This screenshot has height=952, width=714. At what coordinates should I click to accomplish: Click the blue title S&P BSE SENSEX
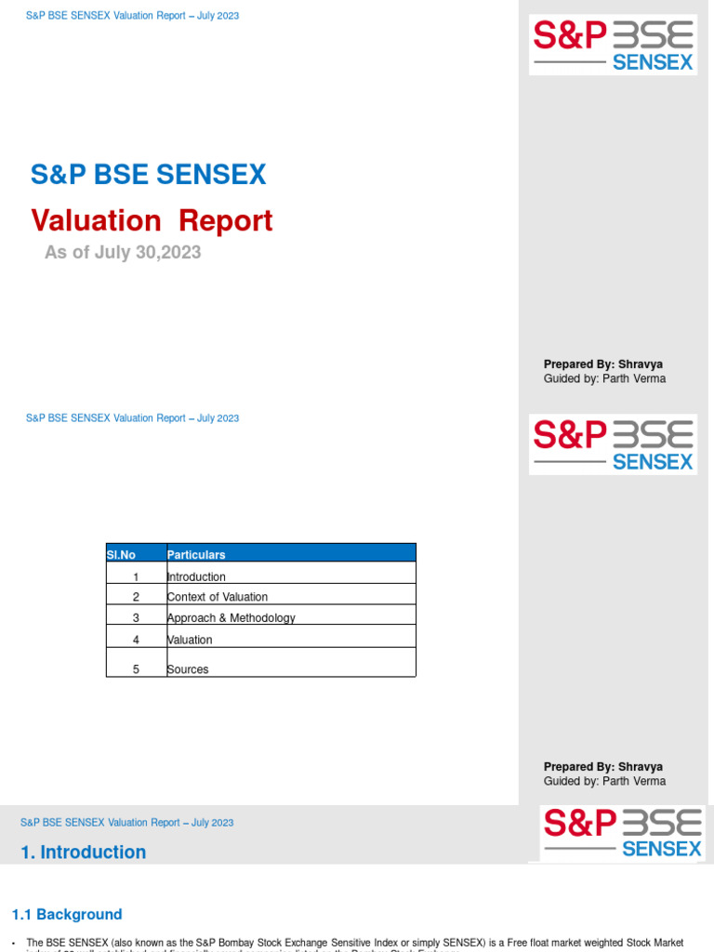(149, 175)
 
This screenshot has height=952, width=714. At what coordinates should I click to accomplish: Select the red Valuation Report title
(152, 221)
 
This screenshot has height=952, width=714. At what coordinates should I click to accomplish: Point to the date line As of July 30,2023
(123, 252)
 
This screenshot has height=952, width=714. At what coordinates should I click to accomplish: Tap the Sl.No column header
(121, 555)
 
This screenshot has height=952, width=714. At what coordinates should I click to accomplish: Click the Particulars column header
(196, 555)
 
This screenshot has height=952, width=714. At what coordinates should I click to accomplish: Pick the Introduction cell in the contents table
(196, 577)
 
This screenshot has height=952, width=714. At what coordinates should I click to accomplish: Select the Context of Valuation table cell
(218, 597)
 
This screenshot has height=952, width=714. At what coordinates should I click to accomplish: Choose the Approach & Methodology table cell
(231, 618)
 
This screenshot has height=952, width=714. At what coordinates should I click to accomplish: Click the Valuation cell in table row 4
(190, 640)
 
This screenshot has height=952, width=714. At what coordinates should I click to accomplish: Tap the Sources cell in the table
(188, 669)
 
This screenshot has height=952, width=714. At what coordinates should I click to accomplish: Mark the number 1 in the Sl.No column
(136, 577)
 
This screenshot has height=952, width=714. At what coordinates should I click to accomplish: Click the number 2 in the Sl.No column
(136, 597)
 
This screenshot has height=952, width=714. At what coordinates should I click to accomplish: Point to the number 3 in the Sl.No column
(136, 618)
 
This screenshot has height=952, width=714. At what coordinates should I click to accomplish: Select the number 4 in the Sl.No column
(136, 640)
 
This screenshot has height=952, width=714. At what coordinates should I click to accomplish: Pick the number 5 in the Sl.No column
(136, 669)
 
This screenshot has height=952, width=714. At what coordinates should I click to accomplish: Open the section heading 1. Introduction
(84, 853)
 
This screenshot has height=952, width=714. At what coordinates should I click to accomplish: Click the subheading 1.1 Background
(67, 915)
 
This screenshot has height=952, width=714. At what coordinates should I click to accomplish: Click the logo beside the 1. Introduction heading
(622, 833)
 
